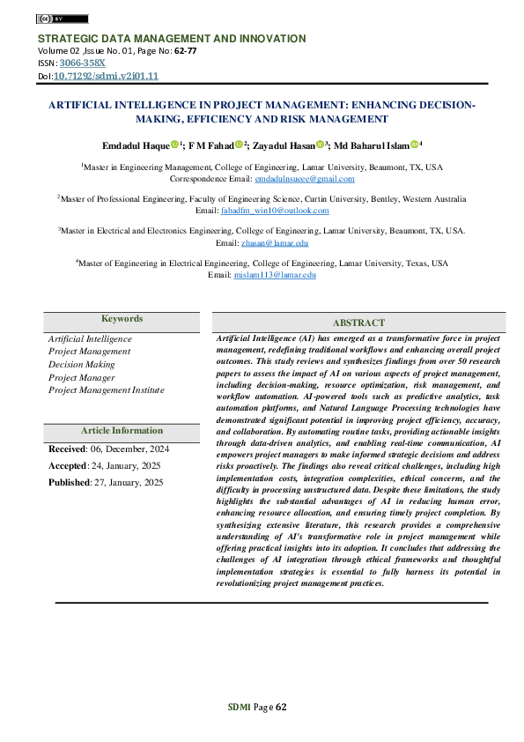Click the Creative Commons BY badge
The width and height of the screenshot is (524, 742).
coord(62,19)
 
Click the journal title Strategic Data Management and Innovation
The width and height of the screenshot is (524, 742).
coord(171,39)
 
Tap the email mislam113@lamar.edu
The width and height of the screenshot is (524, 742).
coord(274,275)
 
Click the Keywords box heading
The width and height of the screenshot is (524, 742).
coord(122,319)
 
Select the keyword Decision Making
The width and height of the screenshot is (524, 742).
coord(81,364)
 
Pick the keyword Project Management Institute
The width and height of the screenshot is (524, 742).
coord(106,389)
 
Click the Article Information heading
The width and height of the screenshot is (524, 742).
coord(122,431)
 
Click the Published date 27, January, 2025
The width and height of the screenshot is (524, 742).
coord(128,482)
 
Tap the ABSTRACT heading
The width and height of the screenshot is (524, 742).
coord(358,323)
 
